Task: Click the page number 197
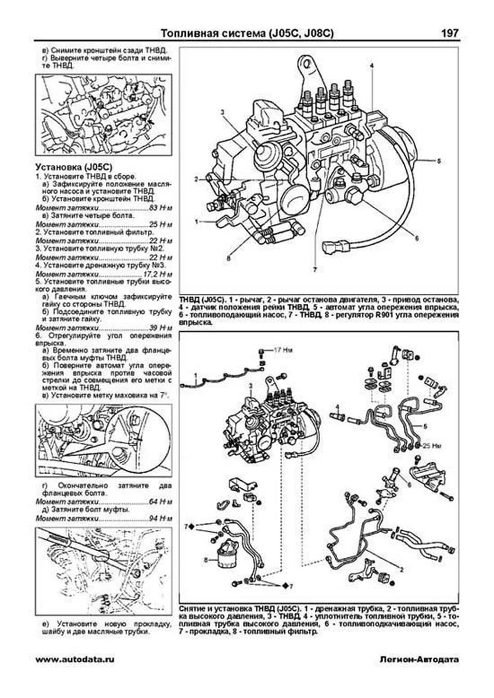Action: pos(450,33)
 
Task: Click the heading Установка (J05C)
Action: pos(74,167)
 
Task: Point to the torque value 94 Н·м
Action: pos(161,518)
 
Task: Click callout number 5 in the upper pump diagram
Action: pos(439,161)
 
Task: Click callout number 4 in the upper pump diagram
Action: pos(371,65)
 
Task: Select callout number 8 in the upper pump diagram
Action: pos(228,259)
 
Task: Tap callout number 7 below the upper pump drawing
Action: pos(315,270)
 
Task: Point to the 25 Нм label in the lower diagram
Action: pos(432,445)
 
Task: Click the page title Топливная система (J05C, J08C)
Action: pos(247,33)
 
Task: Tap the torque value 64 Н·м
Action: pos(161,502)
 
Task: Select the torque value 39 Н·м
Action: pos(161,328)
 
